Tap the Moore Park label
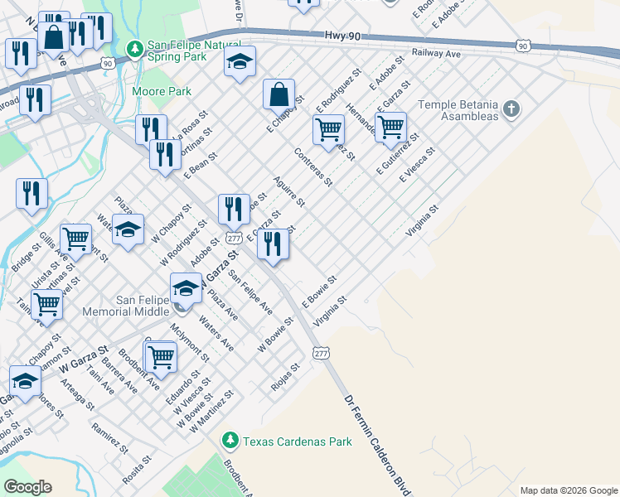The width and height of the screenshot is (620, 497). click(x=162, y=91)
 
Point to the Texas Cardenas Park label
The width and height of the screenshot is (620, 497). click(x=297, y=442)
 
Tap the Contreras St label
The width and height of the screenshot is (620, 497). click(x=313, y=166)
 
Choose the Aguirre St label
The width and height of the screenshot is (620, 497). click(x=289, y=191)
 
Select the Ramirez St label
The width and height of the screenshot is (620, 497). click(x=110, y=438)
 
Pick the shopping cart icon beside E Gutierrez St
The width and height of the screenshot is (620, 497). click(x=390, y=128)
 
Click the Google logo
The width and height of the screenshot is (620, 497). click(x=27, y=486)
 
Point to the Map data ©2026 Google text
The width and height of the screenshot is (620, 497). click(x=569, y=490)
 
